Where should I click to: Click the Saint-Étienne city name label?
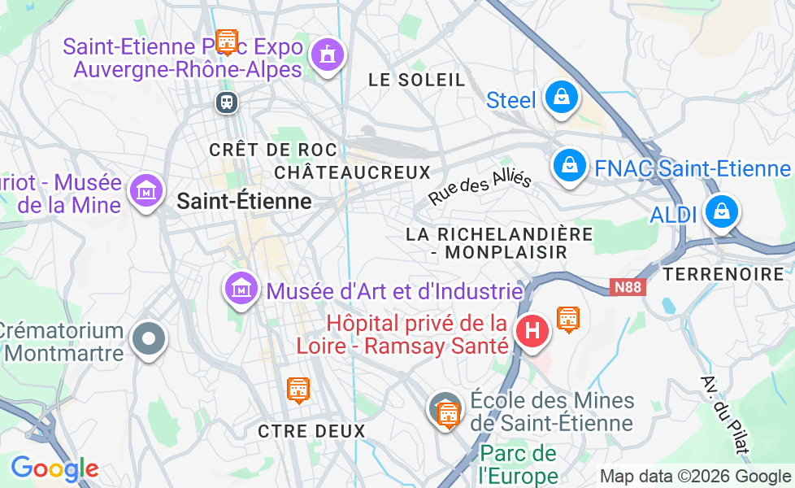(x=244, y=200)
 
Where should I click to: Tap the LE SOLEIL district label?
(x=417, y=80)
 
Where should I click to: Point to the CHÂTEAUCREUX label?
(x=352, y=172)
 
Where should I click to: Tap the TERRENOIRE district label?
(x=723, y=274)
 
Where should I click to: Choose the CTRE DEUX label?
(x=311, y=431)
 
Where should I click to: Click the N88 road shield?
(x=625, y=286)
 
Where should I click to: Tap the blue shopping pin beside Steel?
(x=561, y=98)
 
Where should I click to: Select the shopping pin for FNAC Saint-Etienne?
(x=570, y=166)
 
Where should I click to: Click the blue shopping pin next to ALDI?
(x=719, y=212)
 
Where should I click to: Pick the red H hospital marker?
(x=532, y=331)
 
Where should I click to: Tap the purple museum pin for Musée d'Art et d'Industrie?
(x=241, y=288)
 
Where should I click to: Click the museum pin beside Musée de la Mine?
(x=146, y=191)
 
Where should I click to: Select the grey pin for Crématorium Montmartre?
(x=149, y=338)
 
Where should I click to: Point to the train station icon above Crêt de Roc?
(x=226, y=102)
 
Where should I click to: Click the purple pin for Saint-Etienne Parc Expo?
(x=328, y=54)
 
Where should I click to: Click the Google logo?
(x=54, y=468)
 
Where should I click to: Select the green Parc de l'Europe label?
(x=518, y=464)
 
